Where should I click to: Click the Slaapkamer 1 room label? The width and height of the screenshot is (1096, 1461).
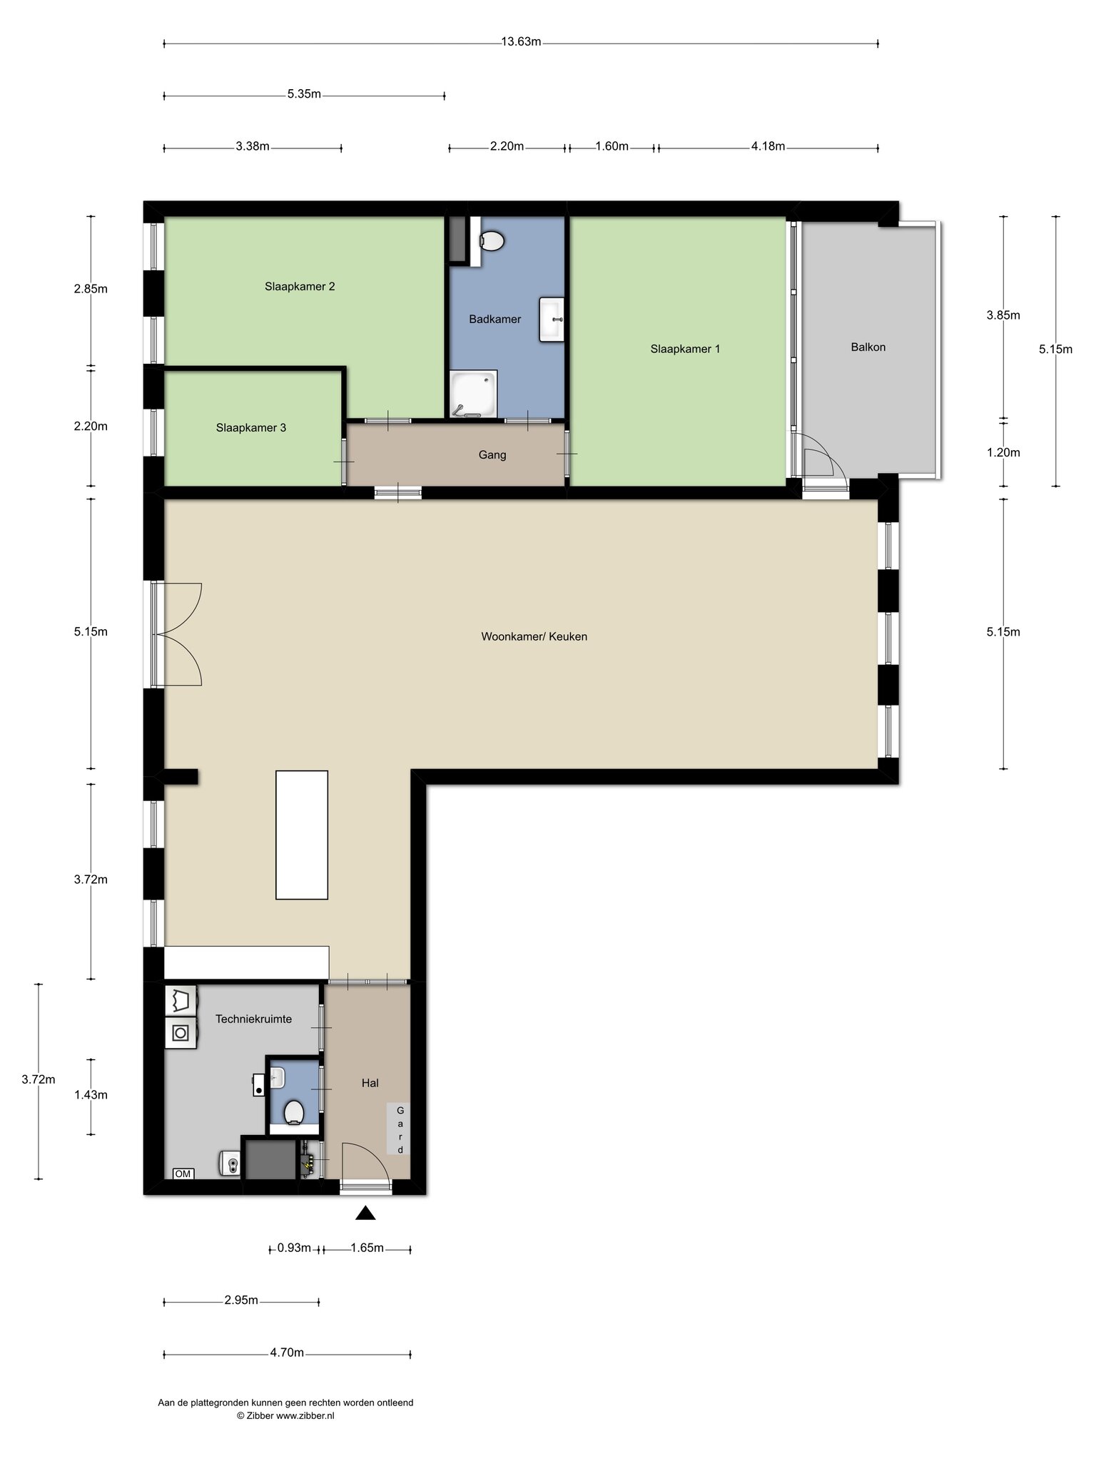point(685,349)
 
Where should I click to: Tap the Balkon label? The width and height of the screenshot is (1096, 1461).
point(868,347)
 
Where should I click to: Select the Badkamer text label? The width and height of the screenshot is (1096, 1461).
point(494,319)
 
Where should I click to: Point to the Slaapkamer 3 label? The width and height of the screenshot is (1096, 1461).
point(251,428)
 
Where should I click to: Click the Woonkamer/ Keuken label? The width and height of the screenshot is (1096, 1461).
point(534,636)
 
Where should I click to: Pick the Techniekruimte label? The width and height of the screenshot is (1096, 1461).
point(253,1019)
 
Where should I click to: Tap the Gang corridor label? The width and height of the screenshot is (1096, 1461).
point(492,454)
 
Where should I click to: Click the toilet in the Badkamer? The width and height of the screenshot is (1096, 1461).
point(492,240)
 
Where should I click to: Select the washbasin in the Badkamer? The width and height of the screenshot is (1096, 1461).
point(552,320)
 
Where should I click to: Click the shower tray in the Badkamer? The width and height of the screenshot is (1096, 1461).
point(473,393)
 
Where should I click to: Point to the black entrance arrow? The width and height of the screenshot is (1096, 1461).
point(365,1213)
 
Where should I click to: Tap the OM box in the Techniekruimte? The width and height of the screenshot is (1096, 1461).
point(183,1174)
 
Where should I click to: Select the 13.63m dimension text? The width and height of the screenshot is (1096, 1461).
point(521,41)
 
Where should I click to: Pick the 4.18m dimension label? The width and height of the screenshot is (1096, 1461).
point(768,147)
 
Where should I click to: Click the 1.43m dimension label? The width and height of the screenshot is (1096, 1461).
point(91,1095)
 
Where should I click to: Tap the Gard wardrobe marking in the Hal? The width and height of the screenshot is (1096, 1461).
point(400,1130)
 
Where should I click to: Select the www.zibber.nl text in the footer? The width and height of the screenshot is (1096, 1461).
point(305,1416)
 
